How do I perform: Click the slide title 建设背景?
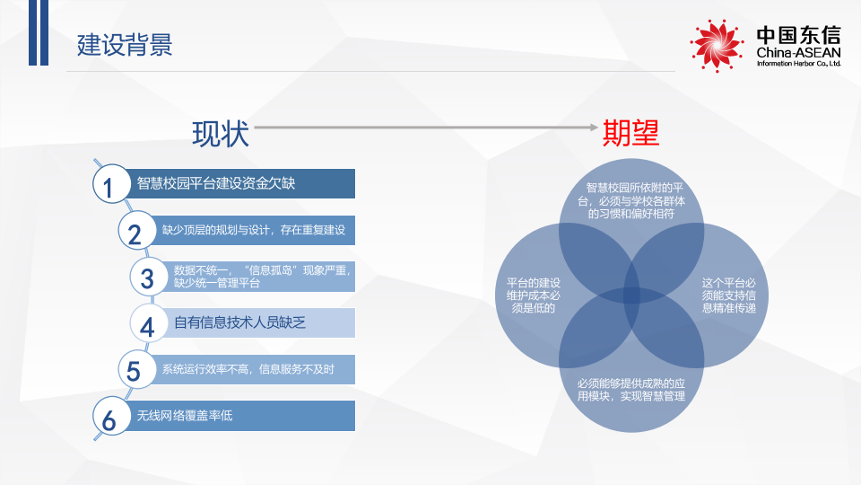tap(125, 45)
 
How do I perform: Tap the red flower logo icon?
tap(717, 45)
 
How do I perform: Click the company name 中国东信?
tap(797, 36)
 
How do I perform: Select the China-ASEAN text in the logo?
tap(797, 56)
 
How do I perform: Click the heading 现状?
tap(221, 134)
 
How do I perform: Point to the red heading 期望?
tap(631, 134)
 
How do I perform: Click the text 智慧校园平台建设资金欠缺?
tap(216, 183)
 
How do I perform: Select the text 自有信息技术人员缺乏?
tap(239, 322)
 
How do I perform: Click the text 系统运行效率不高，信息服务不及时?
tap(248, 369)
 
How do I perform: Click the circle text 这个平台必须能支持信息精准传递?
tap(728, 295)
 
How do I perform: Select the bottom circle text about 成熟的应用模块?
tap(631, 389)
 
